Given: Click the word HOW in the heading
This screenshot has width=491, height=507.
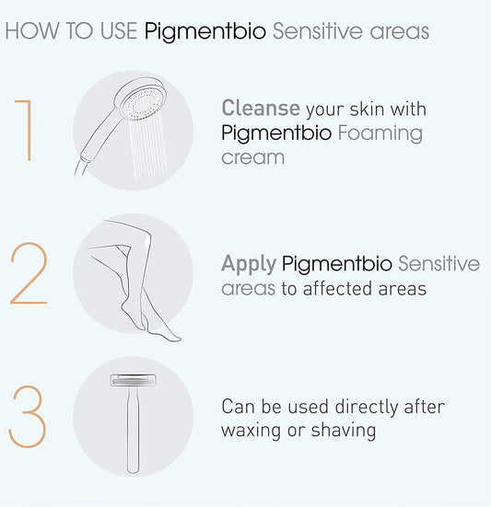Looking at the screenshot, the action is [32, 31].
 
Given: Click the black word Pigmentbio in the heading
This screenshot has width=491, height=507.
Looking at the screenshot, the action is [205, 32].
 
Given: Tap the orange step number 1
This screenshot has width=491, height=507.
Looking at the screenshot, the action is [24, 131].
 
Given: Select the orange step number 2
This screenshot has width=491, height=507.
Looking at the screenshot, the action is [29, 273].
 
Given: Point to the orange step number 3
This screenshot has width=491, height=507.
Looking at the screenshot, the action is [28, 417].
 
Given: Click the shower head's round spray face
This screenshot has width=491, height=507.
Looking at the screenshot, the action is [144, 101].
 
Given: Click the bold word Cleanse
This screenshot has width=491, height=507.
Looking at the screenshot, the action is [261, 108].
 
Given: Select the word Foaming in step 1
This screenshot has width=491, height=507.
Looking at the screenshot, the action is [380, 134].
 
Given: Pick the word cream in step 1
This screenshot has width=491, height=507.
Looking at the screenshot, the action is [252, 157].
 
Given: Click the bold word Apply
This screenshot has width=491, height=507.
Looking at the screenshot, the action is [249, 264].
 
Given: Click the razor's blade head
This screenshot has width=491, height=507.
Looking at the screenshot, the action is [134, 380].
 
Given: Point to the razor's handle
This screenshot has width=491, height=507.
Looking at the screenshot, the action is [133, 430].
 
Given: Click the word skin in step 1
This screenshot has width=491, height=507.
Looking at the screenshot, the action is [367, 109].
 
